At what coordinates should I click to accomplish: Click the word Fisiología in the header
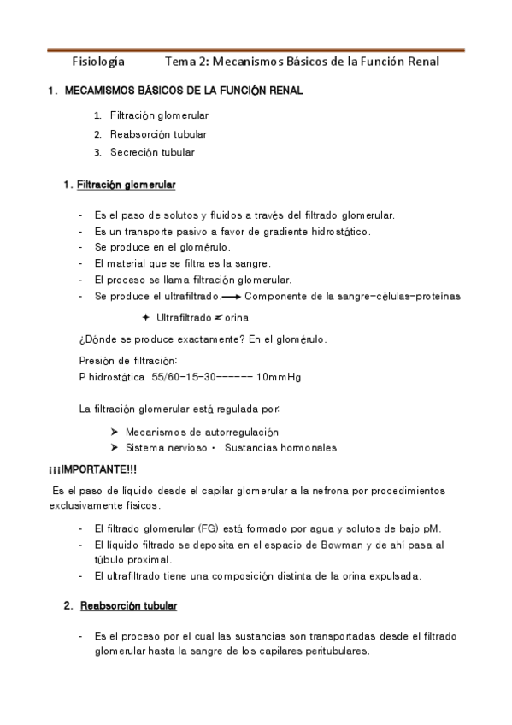click(x=98, y=62)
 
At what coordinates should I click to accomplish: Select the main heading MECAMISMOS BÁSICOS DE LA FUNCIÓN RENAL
click(x=185, y=91)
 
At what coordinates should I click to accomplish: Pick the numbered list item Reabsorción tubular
click(x=158, y=133)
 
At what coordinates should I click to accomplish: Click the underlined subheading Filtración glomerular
click(x=126, y=184)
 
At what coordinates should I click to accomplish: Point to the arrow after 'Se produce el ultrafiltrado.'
click(x=230, y=297)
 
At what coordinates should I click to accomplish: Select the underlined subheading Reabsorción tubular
click(x=128, y=606)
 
